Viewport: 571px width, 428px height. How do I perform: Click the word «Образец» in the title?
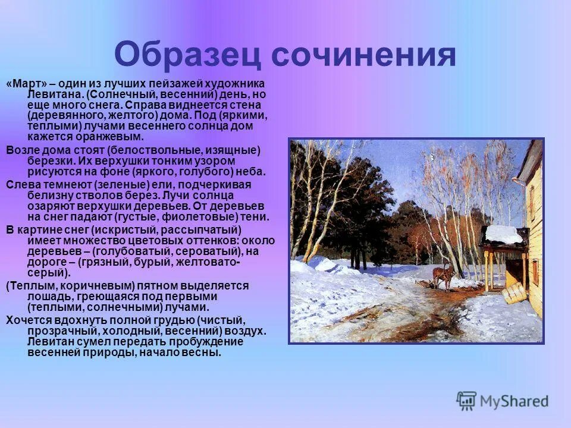188,55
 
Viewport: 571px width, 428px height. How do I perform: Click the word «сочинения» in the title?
364,55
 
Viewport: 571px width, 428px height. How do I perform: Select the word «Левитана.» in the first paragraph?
55,95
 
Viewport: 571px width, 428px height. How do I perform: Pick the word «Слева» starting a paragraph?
21,184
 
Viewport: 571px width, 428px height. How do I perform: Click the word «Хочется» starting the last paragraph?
26,319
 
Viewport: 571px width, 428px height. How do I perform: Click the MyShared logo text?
514,401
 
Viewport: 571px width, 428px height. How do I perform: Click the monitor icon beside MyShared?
466,400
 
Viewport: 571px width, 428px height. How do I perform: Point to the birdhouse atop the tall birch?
430,157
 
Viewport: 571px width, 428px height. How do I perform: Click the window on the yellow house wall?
534,270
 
